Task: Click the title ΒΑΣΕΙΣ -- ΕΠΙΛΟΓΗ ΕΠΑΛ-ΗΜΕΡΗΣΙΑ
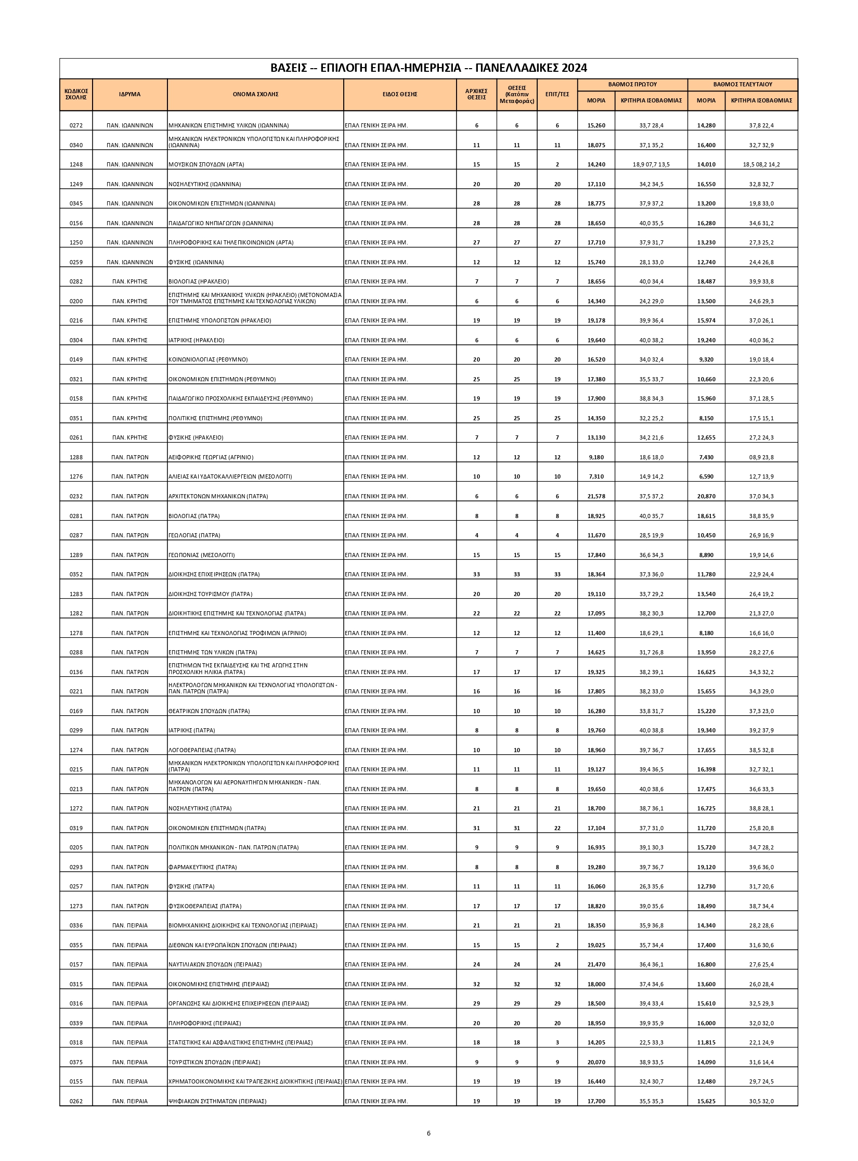pyautogui.click(x=428, y=68)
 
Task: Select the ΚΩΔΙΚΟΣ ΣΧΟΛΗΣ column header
pyautogui.click(x=76, y=94)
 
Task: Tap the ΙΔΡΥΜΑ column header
pyautogui.click(x=129, y=94)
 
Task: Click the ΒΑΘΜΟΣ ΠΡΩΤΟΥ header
pyautogui.click(x=632, y=84)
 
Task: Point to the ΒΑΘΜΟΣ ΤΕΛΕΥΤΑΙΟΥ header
pyautogui.click(x=742, y=84)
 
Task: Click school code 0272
pyautogui.click(x=76, y=125)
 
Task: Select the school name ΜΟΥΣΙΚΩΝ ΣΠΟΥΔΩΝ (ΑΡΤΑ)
pyautogui.click(x=206, y=164)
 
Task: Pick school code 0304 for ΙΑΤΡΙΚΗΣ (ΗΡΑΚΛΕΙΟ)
pyautogui.click(x=76, y=340)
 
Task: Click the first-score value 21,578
pyautogui.click(x=596, y=496)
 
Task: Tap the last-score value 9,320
pyautogui.click(x=706, y=359)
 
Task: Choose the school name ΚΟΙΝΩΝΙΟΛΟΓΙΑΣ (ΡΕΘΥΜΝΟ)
pyautogui.click(x=208, y=359)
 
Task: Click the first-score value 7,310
pyautogui.click(x=596, y=476)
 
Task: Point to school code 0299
pyautogui.click(x=76, y=730)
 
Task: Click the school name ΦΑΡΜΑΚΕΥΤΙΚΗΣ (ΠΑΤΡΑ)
pyautogui.click(x=202, y=867)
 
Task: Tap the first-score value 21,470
pyautogui.click(x=596, y=964)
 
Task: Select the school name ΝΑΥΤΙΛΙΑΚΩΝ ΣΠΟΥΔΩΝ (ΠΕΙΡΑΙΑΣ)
pyautogui.click(x=215, y=964)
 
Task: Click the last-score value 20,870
pyautogui.click(x=706, y=496)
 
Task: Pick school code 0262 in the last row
pyautogui.click(x=76, y=1101)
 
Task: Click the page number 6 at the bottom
pyautogui.click(x=428, y=1133)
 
